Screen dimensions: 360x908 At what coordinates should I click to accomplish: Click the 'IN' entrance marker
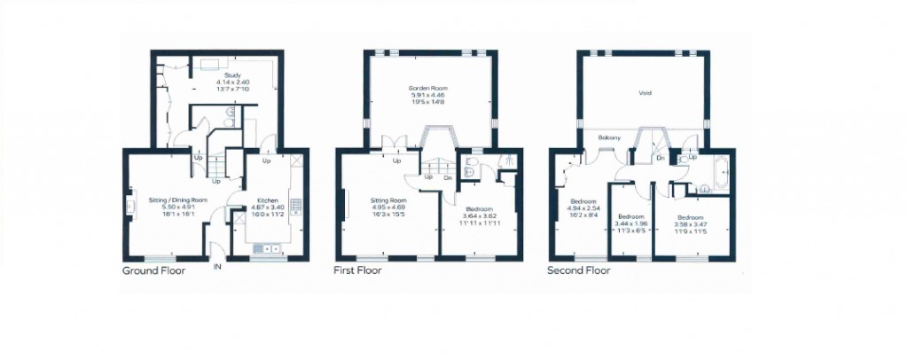(217, 265)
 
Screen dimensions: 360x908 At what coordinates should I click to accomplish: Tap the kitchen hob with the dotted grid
(296, 204)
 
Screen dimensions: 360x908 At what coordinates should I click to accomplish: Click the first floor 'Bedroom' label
(480, 207)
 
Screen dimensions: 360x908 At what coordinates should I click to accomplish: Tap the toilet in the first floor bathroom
(469, 174)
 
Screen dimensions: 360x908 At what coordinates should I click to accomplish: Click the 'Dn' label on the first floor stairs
(448, 177)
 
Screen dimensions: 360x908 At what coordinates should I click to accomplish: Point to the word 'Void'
(645, 92)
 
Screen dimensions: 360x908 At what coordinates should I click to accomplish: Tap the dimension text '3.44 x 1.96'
(630, 224)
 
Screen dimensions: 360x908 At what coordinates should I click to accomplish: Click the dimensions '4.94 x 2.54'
(582, 207)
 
